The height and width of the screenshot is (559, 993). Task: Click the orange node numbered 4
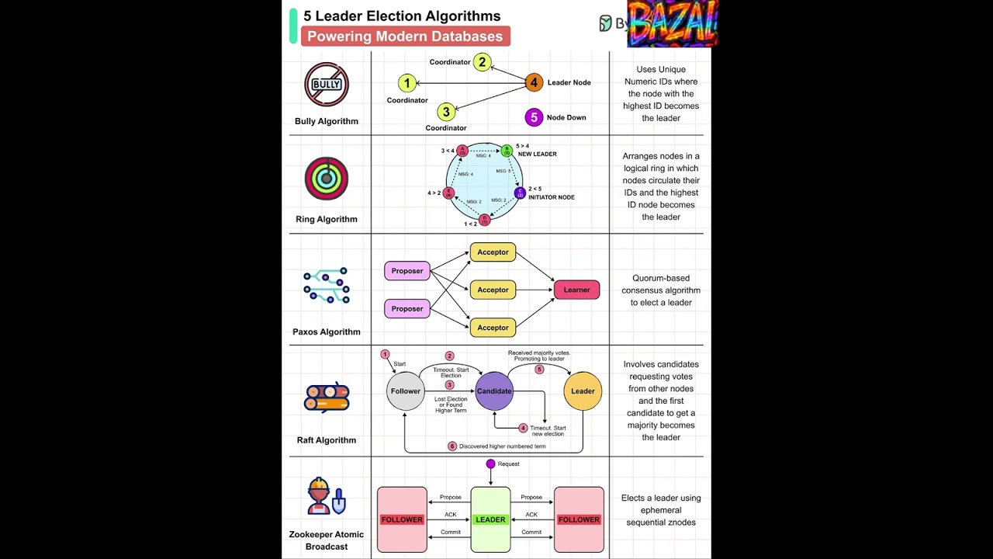(534, 82)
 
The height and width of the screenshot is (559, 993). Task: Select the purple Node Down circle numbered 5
(534, 117)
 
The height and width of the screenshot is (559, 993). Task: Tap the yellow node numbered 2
(483, 62)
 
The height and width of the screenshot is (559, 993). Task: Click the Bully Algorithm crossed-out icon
(327, 85)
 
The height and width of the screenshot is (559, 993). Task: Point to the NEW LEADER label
(537, 154)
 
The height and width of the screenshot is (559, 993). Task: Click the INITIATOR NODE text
(551, 197)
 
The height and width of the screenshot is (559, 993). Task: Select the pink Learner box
(576, 290)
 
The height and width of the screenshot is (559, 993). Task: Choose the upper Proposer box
(407, 271)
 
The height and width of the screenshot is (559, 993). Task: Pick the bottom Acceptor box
(493, 328)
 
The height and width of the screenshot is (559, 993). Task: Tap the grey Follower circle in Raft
(406, 391)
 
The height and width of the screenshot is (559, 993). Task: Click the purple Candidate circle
(494, 391)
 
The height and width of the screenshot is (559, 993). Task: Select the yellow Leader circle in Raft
(583, 391)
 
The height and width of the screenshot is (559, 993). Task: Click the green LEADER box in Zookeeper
(490, 519)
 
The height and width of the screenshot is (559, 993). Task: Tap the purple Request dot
(490, 464)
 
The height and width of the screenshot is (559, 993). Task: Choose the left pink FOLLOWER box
(402, 519)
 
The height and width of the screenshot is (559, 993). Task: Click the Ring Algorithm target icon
(327, 179)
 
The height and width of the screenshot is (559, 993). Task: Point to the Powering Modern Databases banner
(405, 36)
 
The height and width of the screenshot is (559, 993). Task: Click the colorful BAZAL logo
(672, 23)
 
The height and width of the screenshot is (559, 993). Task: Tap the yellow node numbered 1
(407, 83)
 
